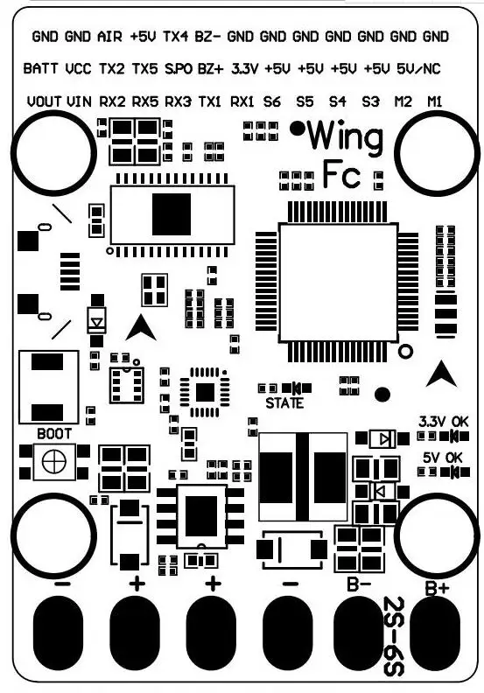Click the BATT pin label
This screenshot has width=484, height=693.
(x=40, y=69)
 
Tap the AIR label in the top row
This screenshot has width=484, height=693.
(x=109, y=36)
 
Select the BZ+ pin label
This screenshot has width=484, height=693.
(x=211, y=69)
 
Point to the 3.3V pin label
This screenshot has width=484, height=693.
(x=244, y=69)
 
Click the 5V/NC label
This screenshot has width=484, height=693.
(x=418, y=69)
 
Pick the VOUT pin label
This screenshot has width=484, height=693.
(x=44, y=101)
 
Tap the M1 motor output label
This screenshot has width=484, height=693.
(x=435, y=101)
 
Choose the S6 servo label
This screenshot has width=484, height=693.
(x=272, y=101)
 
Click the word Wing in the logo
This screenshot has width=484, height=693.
(x=345, y=138)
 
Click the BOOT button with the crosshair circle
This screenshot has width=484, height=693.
(x=54, y=462)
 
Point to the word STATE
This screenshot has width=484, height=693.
(x=284, y=403)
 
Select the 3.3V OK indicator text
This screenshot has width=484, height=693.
(x=444, y=421)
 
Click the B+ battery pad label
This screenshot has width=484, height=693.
(x=437, y=588)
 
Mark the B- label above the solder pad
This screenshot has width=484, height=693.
(x=359, y=584)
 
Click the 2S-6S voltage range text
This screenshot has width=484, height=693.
(x=393, y=636)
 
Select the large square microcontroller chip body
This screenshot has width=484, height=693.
(x=339, y=283)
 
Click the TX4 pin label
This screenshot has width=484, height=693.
(x=175, y=36)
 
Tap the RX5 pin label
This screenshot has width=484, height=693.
(x=145, y=101)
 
